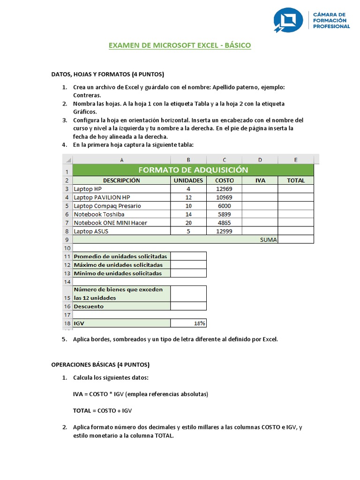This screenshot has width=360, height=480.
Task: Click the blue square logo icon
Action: [x=288, y=20]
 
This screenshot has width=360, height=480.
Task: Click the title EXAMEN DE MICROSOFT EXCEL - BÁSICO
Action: [x=180, y=45]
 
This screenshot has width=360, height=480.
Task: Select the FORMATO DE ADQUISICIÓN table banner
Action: [x=192, y=170]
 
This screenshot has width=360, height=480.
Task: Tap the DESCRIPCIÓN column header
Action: [x=121, y=180]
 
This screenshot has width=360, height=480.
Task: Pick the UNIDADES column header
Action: [x=188, y=180]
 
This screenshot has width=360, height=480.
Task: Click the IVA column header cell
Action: [x=260, y=180]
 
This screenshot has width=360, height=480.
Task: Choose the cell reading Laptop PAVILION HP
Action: [x=102, y=197]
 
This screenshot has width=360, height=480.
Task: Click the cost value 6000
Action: [x=225, y=206]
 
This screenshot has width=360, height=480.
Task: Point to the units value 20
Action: [x=188, y=223]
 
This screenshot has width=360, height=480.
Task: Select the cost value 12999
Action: [x=225, y=231]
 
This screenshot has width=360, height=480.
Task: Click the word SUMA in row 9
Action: [x=269, y=240]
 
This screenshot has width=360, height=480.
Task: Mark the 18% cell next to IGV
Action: [x=188, y=323]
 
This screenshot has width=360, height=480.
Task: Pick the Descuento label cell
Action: [x=89, y=307]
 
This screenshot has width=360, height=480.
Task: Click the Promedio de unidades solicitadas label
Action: [x=120, y=256]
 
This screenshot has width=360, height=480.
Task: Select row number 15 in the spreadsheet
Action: [x=67, y=298]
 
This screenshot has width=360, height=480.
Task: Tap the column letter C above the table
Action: [x=225, y=160]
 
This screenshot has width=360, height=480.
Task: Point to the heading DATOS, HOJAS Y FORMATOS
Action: [x=107, y=74]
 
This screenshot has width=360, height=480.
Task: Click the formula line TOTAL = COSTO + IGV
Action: [x=103, y=410]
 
